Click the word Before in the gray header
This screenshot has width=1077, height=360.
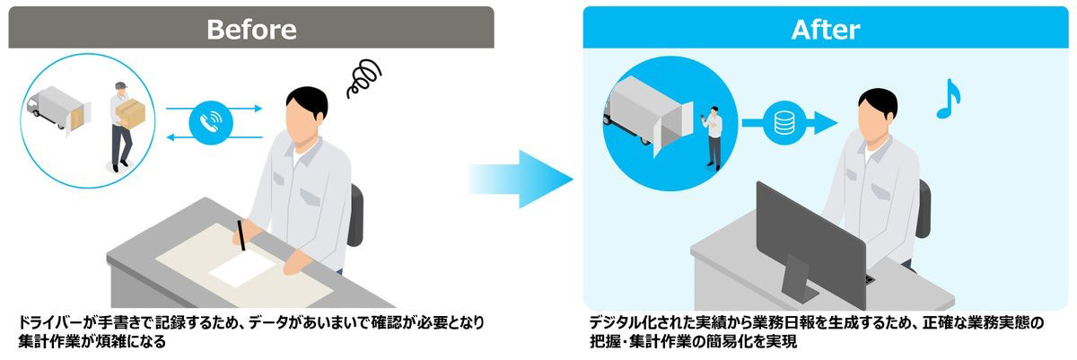pyautogui.click(x=251, y=30)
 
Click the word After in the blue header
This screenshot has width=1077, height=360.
pyautogui.click(x=825, y=30)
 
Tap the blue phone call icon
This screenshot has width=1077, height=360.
pyautogui.click(x=211, y=123)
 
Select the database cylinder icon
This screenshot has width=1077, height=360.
pyautogui.click(x=784, y=123)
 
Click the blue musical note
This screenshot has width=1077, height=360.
pyautogui.click(x=948, y=100)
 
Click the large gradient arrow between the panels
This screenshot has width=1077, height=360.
pyautogui.click(x=521, y=180)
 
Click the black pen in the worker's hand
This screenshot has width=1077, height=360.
pyautogui.click(x=241, y=235)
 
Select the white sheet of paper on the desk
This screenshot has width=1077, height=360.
pyautogui.click(x=242, y=269)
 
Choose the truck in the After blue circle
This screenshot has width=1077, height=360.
pyautogui.click(x=649, y=118)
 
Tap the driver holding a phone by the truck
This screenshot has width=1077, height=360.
pyautogui.click(x=713, y=138)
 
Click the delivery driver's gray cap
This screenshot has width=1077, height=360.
pyautogui.click(x=120, y=86)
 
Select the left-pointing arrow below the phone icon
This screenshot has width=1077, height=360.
pyautogui.click(x=215, y=137)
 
